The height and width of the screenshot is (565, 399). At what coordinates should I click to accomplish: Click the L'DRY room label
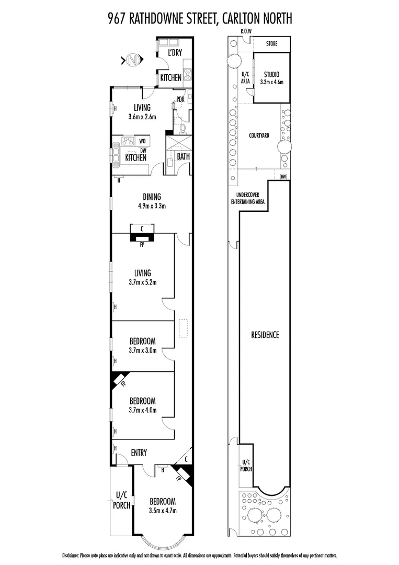click(174, 52)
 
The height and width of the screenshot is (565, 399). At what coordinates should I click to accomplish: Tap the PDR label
click(180, 99)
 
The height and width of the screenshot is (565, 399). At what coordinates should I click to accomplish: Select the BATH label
click(183, 156)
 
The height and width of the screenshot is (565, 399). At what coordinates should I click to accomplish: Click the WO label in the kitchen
click(142, 141)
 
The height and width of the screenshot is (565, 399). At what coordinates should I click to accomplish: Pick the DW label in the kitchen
click(142, 150)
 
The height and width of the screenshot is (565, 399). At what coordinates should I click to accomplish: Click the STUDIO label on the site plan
click(271, 74)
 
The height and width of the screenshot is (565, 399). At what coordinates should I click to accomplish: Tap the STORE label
click(271, 44)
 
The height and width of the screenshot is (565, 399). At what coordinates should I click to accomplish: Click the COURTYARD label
click(258, 135)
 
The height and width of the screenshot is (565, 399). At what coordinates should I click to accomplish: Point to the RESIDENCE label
click(265, 335)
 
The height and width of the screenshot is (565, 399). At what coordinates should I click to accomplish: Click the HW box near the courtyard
click(283, 176)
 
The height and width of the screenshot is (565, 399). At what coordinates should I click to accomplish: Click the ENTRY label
click(139, 453)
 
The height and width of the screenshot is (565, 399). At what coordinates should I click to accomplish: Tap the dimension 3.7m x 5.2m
click(142, 282)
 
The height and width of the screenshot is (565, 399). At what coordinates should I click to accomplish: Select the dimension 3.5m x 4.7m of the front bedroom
click(163, 510)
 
